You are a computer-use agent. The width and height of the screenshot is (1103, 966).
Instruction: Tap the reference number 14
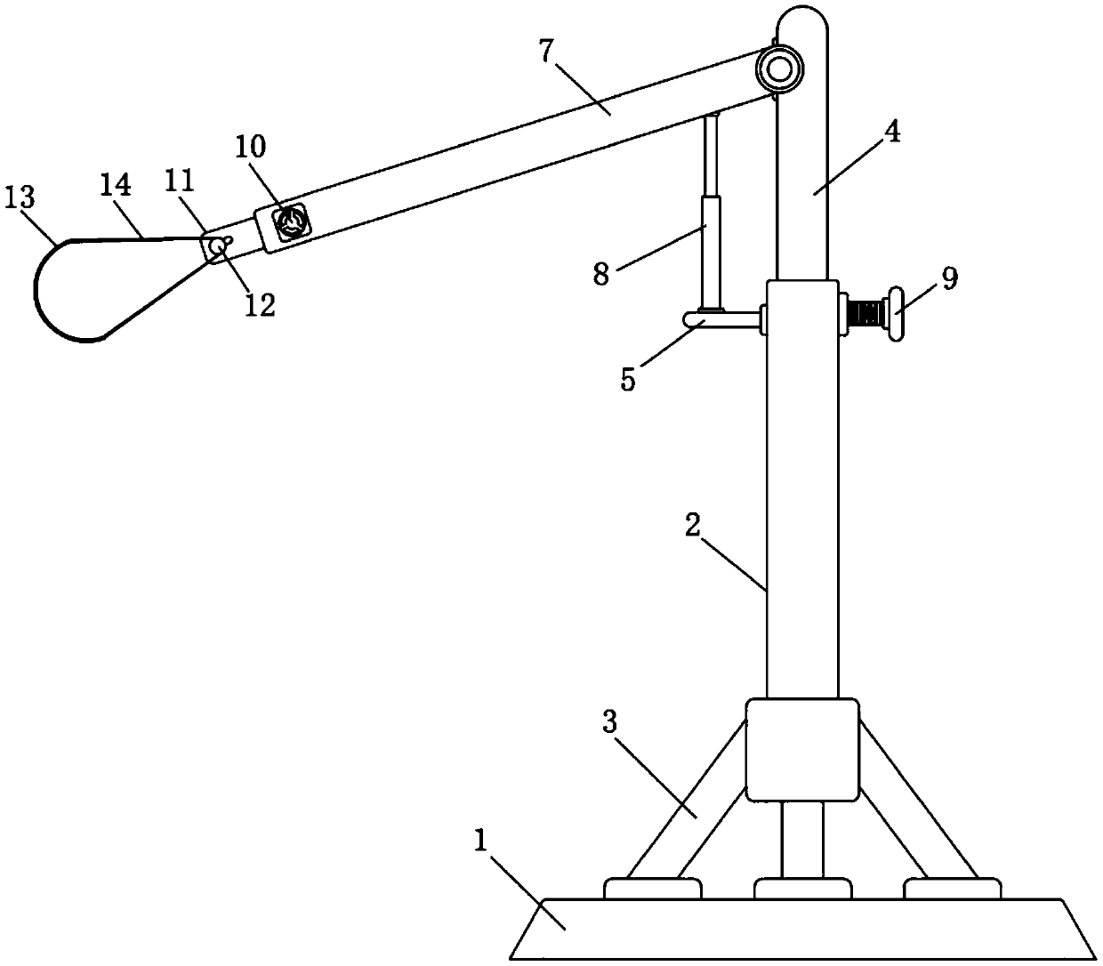point(117,186)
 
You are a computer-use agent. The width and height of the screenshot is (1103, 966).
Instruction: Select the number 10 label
point(251,148)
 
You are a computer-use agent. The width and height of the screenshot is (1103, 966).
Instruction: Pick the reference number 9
point(950,278)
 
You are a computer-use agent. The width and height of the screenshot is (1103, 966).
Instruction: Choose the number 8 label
point(602,273)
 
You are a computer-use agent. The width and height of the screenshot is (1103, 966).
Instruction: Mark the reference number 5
point(628,380)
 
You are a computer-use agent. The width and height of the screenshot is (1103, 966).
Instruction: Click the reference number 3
point(609,722)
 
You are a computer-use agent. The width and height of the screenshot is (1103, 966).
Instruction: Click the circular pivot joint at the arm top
point(780,68)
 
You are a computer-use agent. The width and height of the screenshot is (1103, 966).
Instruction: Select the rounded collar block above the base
point(801,749)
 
